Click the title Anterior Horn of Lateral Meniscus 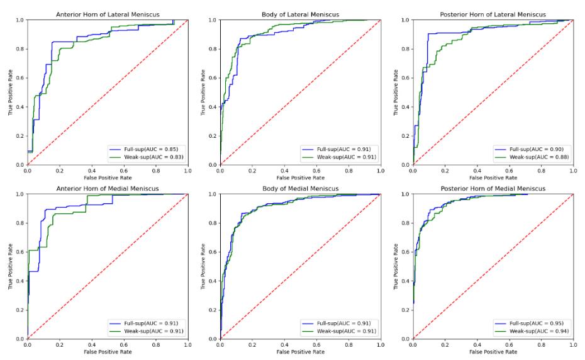coord(108,14)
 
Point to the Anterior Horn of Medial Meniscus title coord(108,188)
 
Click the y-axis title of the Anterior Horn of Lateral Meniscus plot coord(11,93)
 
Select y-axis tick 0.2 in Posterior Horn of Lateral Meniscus coord(406,136)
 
